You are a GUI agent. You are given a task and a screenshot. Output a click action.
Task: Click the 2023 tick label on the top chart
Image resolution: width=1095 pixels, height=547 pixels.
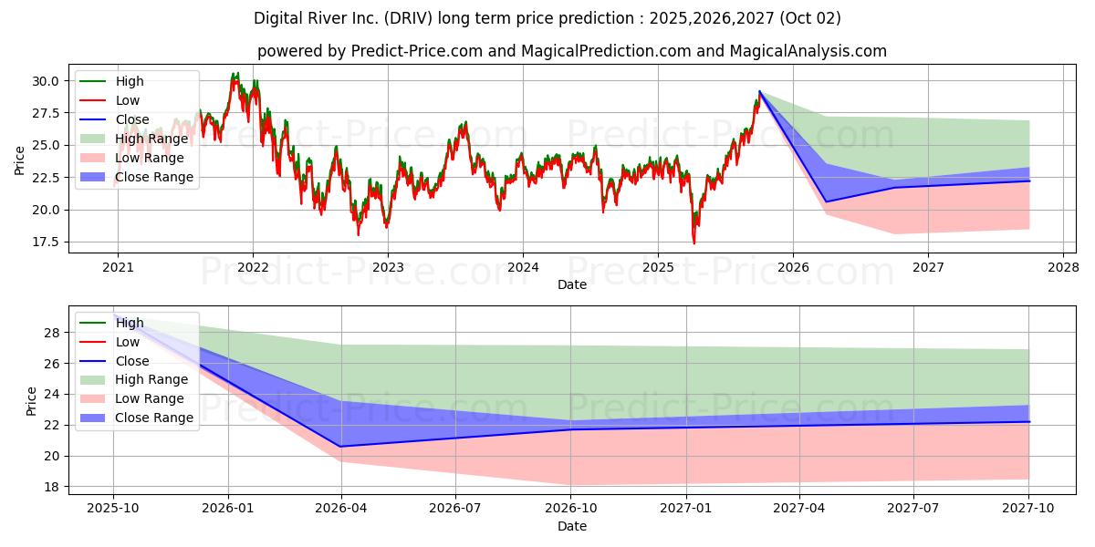[388, 268]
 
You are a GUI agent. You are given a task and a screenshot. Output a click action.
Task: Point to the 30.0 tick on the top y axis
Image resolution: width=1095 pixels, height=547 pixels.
[45, 81]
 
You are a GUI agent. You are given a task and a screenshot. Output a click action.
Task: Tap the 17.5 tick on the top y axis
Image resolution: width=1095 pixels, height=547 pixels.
[45, 243]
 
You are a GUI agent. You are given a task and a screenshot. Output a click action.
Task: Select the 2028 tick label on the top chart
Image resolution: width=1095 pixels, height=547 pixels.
[1063, 268]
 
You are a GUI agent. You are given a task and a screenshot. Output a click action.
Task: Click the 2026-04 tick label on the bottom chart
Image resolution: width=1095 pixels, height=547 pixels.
[341, 509]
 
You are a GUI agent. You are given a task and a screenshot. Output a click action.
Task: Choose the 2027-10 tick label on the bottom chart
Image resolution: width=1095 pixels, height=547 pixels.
[1028, 509]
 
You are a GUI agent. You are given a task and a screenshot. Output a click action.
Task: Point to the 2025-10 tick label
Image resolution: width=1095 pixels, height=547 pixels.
[113, 509]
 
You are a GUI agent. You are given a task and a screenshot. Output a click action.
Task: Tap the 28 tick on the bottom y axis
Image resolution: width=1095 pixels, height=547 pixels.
[52, 333]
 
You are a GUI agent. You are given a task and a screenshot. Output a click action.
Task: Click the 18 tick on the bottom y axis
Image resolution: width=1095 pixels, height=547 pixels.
[52, 487]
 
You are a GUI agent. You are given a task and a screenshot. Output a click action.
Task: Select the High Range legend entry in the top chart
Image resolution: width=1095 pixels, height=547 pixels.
[134, 139]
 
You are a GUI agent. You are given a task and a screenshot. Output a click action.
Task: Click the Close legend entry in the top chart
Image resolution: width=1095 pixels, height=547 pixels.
[114, 119]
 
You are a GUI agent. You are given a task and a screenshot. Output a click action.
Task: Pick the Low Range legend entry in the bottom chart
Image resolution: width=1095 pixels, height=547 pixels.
[132, 398]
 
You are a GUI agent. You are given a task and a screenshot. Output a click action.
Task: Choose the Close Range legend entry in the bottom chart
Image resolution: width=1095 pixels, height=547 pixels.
[136, 418]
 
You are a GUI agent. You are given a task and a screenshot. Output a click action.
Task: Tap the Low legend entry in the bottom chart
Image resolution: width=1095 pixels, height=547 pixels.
[109, 342]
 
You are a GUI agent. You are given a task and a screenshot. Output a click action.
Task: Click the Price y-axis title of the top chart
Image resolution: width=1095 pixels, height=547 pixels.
[19, 160]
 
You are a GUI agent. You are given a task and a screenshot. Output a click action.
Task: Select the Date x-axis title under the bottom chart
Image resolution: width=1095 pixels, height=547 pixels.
[572, 526]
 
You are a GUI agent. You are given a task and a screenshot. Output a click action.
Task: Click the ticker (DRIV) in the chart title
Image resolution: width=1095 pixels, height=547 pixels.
[408, 18]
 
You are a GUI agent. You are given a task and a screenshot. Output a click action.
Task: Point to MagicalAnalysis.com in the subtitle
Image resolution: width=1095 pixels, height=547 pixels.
[808, 51]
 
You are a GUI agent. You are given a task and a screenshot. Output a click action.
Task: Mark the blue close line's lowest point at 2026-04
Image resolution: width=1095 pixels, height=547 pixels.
[340, 447]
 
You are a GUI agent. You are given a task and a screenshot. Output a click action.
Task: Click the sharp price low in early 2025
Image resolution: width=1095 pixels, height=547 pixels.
[694, 243]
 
